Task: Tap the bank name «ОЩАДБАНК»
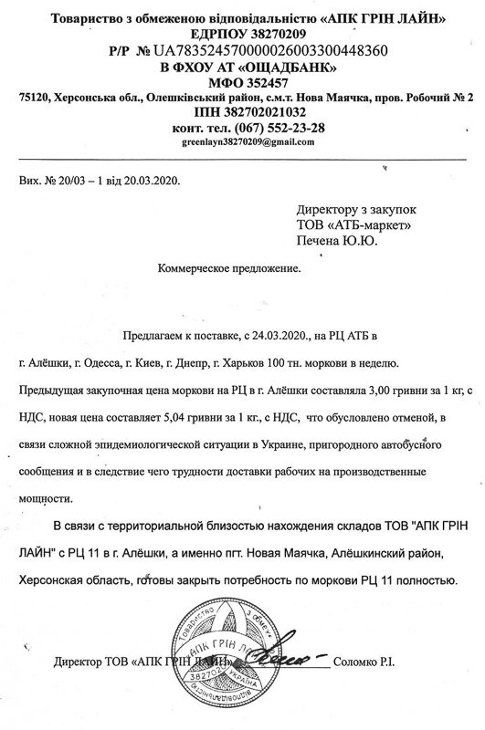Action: coord(292,67)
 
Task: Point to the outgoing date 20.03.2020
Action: coord(152,181)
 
